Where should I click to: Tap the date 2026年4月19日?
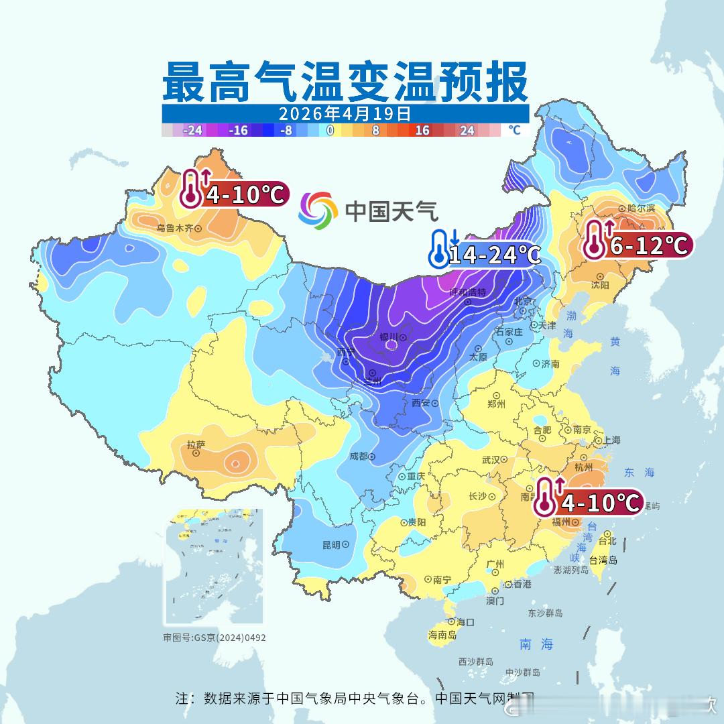345,113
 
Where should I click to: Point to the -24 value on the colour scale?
192,130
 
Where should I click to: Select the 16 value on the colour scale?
422,130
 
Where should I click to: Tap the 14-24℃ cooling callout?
494,254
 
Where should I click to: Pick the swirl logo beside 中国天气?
318,210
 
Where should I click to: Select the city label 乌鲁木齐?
174,228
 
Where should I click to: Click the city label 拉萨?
196,444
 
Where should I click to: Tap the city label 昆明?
331,544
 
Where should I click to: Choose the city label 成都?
359,456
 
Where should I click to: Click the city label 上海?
611,440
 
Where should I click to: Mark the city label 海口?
465,622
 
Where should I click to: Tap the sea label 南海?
536,644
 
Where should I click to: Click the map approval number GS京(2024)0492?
215,638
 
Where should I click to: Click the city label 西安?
420,403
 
